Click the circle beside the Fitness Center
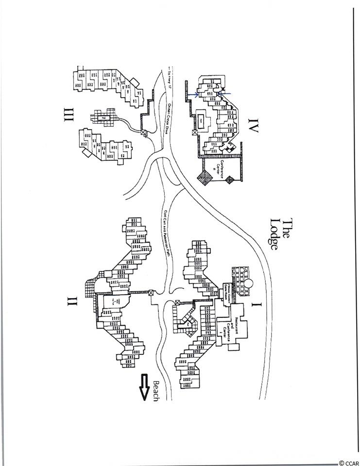coord(249,283)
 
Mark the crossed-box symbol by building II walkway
coord(151,293)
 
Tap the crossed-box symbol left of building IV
coord(195,132)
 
